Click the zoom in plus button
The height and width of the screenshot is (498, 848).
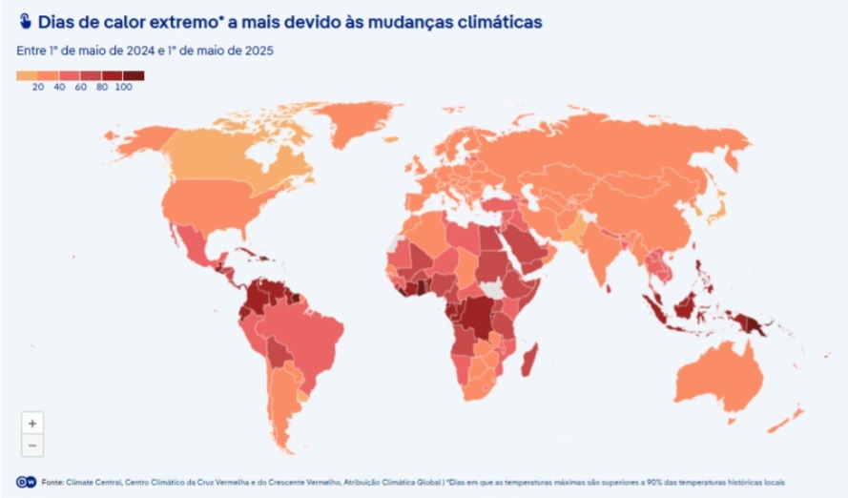pyautogui.click(x=32, y=423)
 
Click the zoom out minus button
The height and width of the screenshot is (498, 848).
pyautogui.click(x=32, y=445)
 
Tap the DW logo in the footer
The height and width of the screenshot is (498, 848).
pyautogui.click(x=26, y=482)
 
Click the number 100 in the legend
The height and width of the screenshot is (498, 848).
pyautogui.click(x=123, y=87)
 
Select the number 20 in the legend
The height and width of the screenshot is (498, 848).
pyautogui.click(x=38, y=87)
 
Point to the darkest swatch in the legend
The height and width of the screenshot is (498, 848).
pyautogui.click(x=134, y=74)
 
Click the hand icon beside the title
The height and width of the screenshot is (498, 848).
pyautogui.click(x=25, y=21)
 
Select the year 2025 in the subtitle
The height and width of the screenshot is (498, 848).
pyautogui.click(x=256, y=51)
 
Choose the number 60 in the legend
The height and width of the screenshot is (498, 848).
pyautogui.click(x=80, y=87)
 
